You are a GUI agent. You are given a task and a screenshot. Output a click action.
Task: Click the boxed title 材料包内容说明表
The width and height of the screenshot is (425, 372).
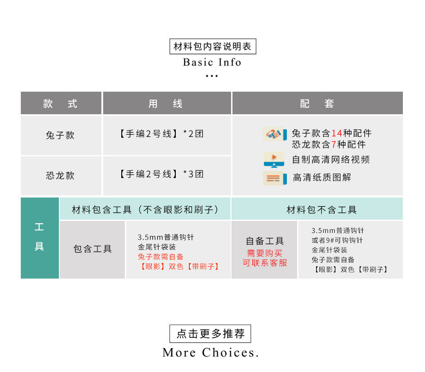tap(212, 46)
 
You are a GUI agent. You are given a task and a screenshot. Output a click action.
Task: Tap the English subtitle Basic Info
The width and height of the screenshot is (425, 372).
tap(212, 62)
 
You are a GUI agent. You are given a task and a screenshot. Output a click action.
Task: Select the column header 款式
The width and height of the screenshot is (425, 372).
tap(61, 104)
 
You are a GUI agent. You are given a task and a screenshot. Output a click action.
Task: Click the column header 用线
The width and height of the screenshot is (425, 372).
tap(166, 104)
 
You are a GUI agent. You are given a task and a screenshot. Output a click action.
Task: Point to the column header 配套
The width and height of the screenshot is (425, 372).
tap(317, 104)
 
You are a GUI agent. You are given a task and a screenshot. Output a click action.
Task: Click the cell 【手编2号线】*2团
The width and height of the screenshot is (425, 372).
tap(162, 134)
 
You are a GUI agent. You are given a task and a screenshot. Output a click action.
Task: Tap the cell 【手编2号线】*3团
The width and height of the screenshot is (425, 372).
tap(162, 174)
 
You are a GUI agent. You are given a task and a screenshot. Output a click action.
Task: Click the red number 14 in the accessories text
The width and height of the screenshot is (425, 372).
tap(337, 133)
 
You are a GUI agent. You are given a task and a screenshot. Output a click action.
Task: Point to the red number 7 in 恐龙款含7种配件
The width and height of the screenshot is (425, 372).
tap(334, 144)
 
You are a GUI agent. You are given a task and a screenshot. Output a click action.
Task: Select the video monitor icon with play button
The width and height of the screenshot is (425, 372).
tap(274, 159)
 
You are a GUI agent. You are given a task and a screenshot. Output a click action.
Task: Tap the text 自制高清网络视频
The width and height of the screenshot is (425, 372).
tap(331, 159)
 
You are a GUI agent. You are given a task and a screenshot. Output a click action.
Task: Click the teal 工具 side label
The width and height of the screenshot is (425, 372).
tap(39, 237)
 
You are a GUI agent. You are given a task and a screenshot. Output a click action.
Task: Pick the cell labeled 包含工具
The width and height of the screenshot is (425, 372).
tap(93, 249)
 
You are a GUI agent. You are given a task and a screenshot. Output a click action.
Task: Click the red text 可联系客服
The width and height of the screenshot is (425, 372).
tap(265, 263)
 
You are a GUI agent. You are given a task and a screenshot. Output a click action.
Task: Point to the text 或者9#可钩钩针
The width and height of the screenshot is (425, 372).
tap(337, 240)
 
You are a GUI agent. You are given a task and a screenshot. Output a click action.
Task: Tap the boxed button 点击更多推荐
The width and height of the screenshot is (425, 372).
tap(210, 333)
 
